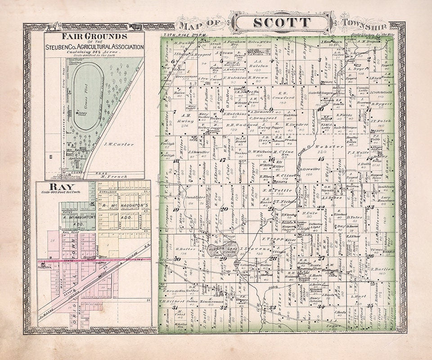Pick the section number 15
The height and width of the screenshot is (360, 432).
pos(321,159)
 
